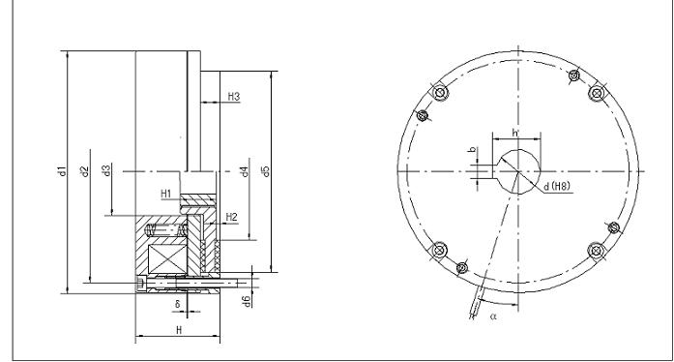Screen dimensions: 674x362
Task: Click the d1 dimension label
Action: pos(62,170)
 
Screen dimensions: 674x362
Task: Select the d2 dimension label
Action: pos(85,171)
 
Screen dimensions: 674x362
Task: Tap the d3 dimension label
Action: pos(107,170)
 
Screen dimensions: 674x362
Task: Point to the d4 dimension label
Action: pos(245,171)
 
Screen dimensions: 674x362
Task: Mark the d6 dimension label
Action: pos(247,301)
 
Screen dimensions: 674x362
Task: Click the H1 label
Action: pos(166,194)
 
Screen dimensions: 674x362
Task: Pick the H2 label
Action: pos(232,217)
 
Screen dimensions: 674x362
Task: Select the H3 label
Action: pos(233,97)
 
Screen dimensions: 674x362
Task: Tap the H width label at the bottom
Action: pos(179,330)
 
